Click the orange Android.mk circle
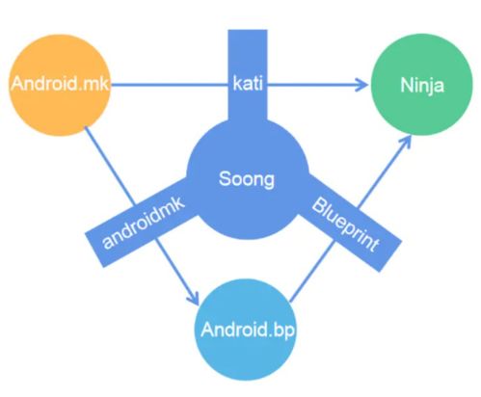point(60,85)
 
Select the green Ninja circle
point(422,85)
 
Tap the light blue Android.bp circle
point(247,330)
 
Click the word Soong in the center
point(247,179)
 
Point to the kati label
point(248,84)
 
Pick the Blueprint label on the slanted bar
point(346,225)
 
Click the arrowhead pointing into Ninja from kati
point(361,85)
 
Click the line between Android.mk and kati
point(170,85)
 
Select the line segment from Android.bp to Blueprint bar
point(312,272)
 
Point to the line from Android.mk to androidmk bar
point(110,167)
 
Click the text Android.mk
point(60,84)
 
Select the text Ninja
point(422,86)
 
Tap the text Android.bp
point(248,330)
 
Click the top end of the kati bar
point(248,31)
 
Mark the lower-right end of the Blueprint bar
point(390,256)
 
